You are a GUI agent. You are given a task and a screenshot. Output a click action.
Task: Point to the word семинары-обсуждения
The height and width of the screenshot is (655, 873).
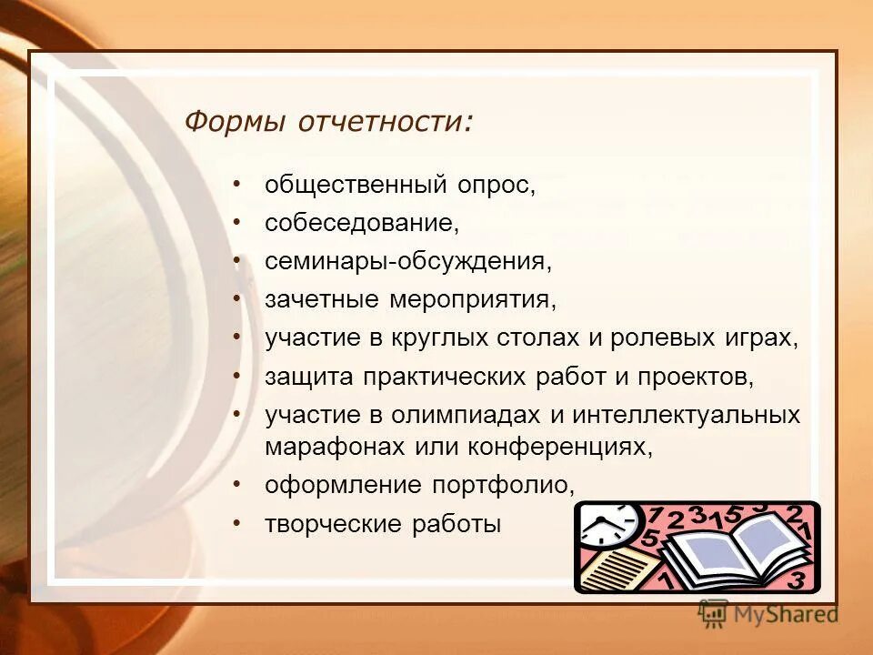point(408,262)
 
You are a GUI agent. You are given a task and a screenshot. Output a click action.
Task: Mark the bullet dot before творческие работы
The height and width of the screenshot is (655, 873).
point(236,523)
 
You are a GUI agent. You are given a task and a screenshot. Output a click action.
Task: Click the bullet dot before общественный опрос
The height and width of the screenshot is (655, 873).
point(236,184)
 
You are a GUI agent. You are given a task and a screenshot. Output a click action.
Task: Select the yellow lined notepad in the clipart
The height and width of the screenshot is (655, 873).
point(618,569)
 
